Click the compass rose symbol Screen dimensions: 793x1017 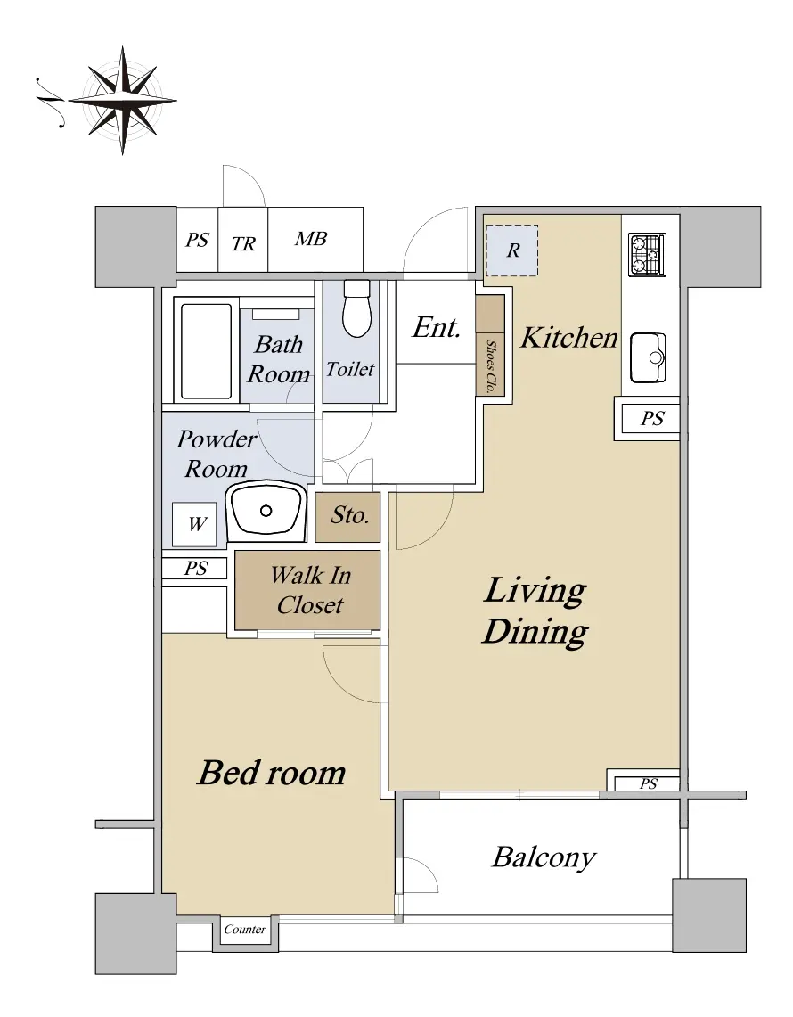click(123, 101)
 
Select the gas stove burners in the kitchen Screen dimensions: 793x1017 click(647, 254)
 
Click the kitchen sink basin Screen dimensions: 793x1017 click(648, 358)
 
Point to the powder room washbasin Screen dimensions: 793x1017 click(266, 511)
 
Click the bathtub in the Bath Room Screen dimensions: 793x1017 click(206, 351)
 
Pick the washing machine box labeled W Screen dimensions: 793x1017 click(196, 524)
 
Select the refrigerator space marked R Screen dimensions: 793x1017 click(512, 250)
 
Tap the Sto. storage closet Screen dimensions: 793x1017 click(347, 517)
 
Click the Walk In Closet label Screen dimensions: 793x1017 click(311, 589)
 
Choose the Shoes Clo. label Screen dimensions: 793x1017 click(492, 365)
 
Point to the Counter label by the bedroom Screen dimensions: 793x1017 click(244, 930)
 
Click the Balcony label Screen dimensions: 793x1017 click(544, 857)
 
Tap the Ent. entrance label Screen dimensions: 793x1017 click(437, 327)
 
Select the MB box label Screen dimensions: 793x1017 click(311, 239)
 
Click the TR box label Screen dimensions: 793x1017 click(243, 244)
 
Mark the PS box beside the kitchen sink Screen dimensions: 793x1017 click(650, 419)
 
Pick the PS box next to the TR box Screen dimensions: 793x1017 click(197, 240)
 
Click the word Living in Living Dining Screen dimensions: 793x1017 click(535, 592)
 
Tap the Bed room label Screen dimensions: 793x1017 click(272, 773)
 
